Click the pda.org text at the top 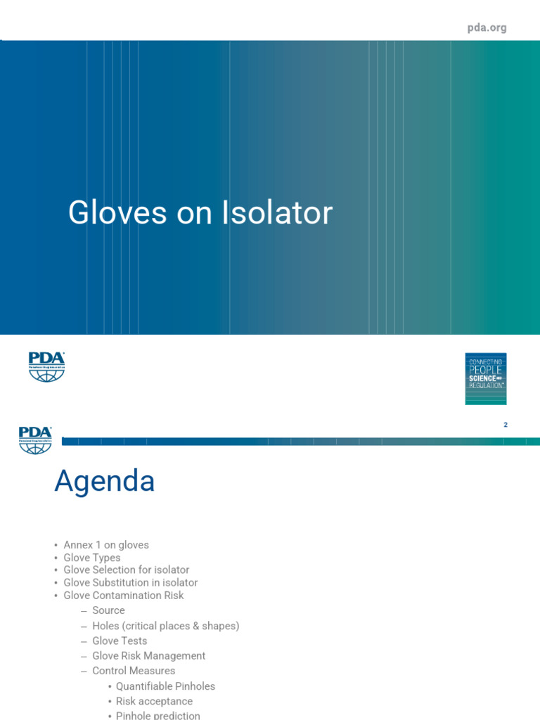pos(487,28)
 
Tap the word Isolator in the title pos(277,213)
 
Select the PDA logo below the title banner pos(46,367)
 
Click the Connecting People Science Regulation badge pos(485,378)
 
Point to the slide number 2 pos(506,425)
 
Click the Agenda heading pos(105,482)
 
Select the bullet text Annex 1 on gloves pos(106,545)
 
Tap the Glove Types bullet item pos(92,558)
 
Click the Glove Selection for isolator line pos(127,570)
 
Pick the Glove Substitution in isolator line pos(131,582)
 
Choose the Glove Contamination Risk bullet pos(124,595)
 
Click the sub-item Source pos(108,610)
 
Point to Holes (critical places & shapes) pos(165,626)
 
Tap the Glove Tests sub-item pos(120,641)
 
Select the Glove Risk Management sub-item pos(148,655)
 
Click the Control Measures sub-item pos(134,671)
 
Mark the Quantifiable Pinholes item pos(165,686)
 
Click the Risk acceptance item pos(154,701)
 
